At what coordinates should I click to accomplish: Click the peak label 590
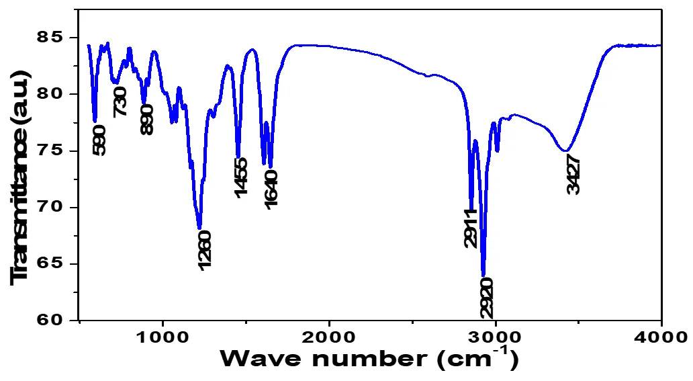tap(99, 140)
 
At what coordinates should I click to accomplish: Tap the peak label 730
tap(121, 101)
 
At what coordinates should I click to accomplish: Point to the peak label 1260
tap(205, 251)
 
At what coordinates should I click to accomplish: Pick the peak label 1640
tap(271, 188)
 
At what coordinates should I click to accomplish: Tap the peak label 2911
tap(470, 228)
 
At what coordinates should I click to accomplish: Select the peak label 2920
tap(487, 297)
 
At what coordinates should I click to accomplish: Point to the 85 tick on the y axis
tap(50, 38)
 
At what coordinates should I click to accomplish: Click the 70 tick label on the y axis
tap(50, 207)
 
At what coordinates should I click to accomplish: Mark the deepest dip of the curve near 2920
tap(483, 275)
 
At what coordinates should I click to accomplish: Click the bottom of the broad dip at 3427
tap(566, 151)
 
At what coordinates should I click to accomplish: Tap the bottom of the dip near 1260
tap(199, 228)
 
